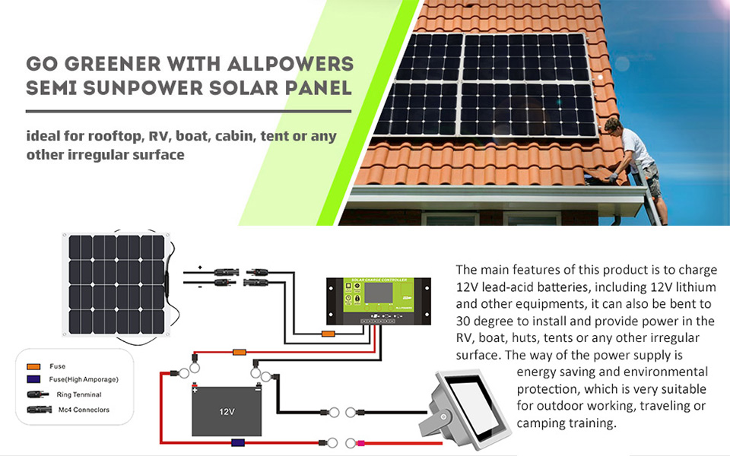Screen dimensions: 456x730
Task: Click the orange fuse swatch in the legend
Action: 33,367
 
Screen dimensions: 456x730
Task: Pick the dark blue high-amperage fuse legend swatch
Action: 33,379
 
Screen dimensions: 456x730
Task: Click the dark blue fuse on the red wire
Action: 236,442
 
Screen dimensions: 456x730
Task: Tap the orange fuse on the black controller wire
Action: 328,334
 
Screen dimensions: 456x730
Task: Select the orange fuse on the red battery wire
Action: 240,352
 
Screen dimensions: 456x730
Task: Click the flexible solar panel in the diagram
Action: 116,270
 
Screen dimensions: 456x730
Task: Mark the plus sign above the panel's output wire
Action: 198,268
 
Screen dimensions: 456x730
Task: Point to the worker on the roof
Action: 635,163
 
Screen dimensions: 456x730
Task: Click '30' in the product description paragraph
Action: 465,321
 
